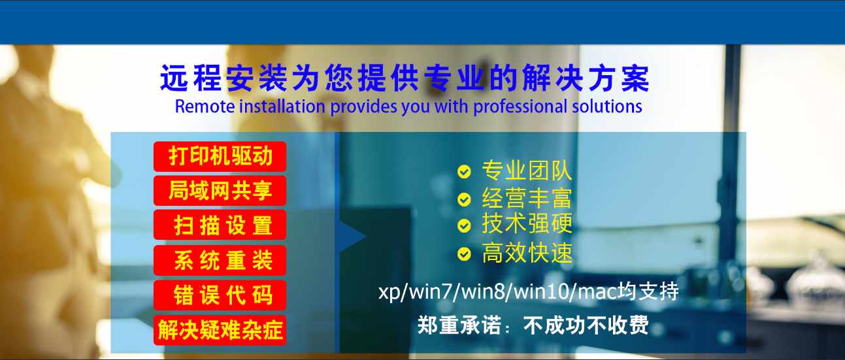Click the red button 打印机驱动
(x=220, y=156)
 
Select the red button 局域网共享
(x=220, y=190)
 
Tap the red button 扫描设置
(x=220, y=225)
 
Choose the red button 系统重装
(x=220, y=260)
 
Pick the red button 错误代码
(x=220, y=295)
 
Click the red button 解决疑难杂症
(x=220, y=330)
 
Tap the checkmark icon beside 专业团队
(x=464, y=172)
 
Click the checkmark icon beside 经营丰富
(x=464, y=199)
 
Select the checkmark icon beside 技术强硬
(x=464, y=226)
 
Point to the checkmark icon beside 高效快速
(x=464, y=254)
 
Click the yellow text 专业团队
(x=527, y=171)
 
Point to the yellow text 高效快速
(x=527, y=253)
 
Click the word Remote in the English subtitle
(x=205, y=106)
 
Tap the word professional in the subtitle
(x=520, y=107)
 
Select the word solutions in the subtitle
(x=607, y=106)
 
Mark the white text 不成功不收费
(x=586, y=325)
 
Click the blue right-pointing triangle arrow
(x=353, y=237)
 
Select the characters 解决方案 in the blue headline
(x=586, y=78)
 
